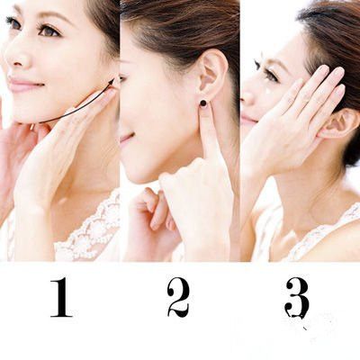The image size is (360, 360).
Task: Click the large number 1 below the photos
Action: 61,298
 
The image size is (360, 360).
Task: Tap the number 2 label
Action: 178,298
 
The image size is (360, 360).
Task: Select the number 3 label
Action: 296,298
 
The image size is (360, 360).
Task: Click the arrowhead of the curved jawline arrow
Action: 112,82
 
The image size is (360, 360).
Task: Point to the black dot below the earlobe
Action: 203,103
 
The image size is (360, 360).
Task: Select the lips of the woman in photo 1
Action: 24,84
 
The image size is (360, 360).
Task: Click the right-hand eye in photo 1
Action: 49,31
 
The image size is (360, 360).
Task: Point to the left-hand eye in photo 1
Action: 13,22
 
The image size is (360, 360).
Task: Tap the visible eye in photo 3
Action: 268,74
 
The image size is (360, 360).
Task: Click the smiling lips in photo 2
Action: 126,137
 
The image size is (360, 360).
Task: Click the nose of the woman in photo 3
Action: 249,97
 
